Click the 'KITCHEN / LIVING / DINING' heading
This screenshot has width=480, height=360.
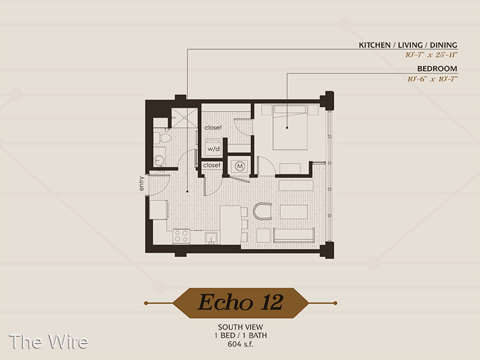click(408, 45)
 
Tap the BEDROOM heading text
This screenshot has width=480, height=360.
click(437, 68)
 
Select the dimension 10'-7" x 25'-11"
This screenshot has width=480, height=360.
click(431, 55)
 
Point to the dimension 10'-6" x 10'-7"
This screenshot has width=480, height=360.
click(432, 79)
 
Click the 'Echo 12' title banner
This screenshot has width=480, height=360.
click(241, 303)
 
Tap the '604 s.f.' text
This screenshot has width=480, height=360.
click(241, 344)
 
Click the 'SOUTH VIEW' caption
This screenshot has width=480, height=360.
click(241, 327)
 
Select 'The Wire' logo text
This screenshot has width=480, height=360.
click(49, 341)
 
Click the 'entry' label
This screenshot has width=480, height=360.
click(141, 184)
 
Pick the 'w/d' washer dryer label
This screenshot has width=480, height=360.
click(214, 149)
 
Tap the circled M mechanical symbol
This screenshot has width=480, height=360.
click(239, 166)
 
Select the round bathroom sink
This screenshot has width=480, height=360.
click(159, 160)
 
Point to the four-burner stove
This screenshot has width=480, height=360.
click(181, 236)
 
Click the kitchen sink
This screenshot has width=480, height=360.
click(211, 238)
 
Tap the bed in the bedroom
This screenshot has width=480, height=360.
click(290, 127)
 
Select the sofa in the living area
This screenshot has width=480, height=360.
click(293, 235)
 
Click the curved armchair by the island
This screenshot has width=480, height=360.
click(263, 211)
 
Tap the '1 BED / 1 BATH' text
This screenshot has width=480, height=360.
click(241, 335)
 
